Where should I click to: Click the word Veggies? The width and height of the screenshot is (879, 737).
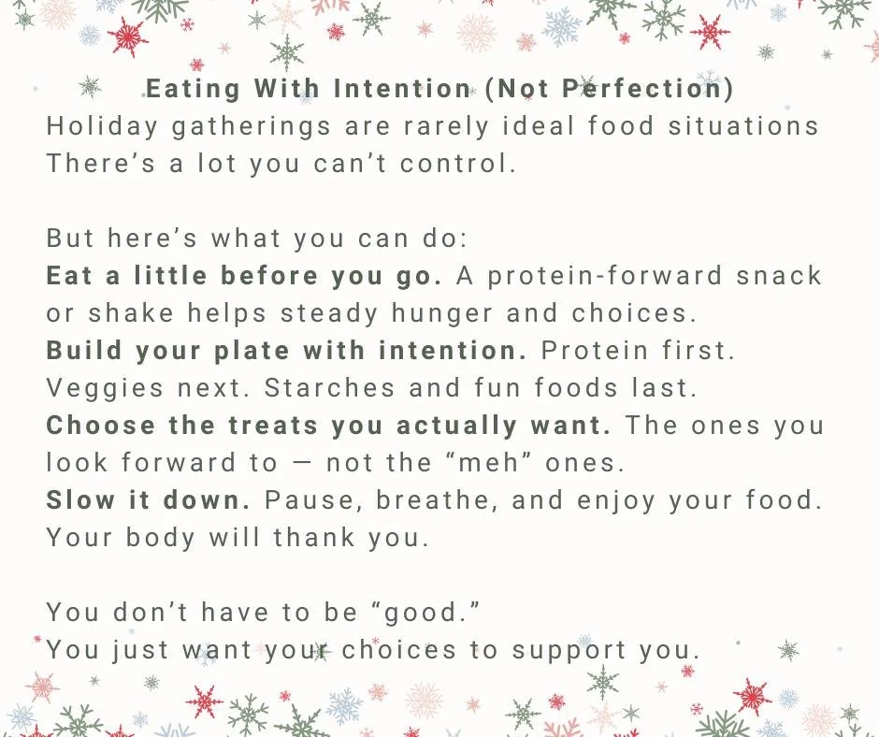[99, 388]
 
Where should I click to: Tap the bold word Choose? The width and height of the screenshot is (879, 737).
[100, 426]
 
